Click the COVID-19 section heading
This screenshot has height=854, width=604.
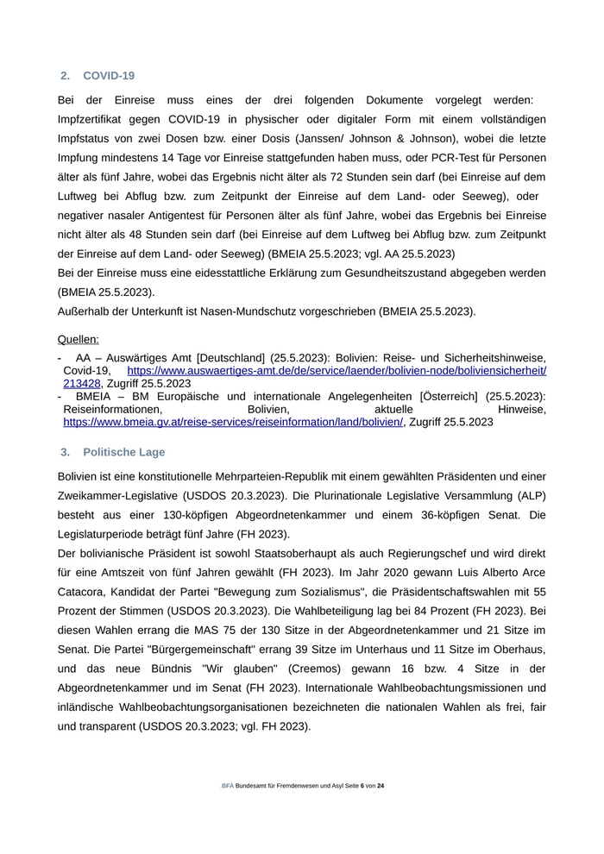pyautogui.click(x=109, y=76)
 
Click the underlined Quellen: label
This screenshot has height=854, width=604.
pyautogui.click(x=79, y=339)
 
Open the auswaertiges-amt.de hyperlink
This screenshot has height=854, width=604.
pyautogui.click(x=337, y=370)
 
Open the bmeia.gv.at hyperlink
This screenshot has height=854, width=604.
pyautogui.click(x=233, y=422)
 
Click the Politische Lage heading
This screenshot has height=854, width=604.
pyautogui.click(x=124, y=452)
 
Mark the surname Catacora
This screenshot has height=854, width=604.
pyautogui.click(x=85, y=592)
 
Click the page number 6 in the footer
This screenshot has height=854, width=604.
pyautogui.click(x=362, y=787)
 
